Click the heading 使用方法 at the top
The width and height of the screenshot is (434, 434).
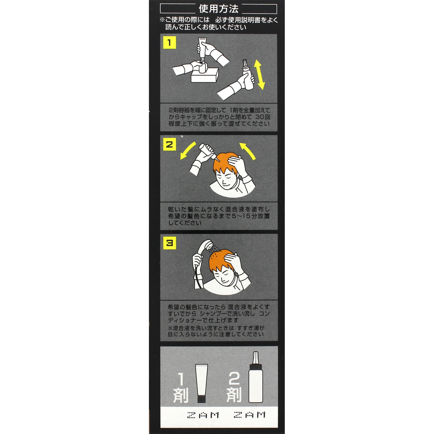pyautogui.click(x=219, y=9)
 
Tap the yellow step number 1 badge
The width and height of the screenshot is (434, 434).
pyautogui.click(x=170, y=43)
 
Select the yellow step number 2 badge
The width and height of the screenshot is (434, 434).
pyautogui.click(x=170, y=144)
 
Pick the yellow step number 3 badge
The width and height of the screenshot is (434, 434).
pyautogui.click(x=170, y=243)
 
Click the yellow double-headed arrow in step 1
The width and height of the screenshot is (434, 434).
pyautogui.click(x=259, y=75)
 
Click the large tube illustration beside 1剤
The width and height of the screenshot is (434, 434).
pyautogui.click(x=202, y=383)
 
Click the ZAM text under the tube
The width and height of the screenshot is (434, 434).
pyautogui.click(x=203, y=415)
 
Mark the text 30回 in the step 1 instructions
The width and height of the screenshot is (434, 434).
pyautogui.click(x=263, y=117)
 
